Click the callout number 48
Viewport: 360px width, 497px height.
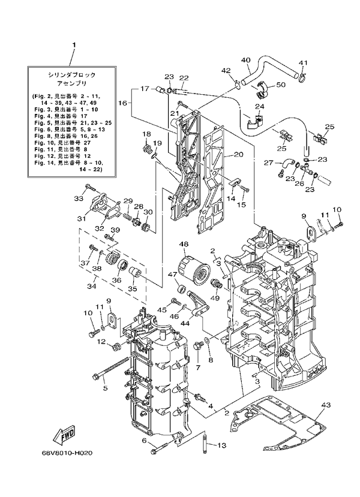(183, 244)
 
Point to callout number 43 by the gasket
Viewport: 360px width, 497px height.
(325, 406)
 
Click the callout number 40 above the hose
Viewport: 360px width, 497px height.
(246, 60)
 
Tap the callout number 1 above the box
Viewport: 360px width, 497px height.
(74, 45)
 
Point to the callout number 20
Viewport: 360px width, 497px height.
(238, 155)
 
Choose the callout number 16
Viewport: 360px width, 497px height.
(122, 103)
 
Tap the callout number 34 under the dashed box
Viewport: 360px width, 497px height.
(91, 285)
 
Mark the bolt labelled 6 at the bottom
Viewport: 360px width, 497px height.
(160, 445)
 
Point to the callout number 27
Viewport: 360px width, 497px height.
(268, 162)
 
